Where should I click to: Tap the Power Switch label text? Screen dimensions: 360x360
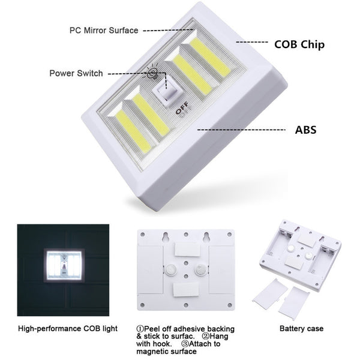[76, 73]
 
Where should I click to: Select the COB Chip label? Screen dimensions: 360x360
[299, 44]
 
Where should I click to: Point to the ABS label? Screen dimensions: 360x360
[305, 129]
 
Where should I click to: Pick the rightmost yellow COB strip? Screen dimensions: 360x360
[211, 58]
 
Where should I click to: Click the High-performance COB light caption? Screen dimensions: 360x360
[67, 328]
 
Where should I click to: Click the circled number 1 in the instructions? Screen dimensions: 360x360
[139, 329]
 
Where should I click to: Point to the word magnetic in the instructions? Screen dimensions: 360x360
[155, 352]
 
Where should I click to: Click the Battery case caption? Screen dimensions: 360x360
[301, 329]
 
